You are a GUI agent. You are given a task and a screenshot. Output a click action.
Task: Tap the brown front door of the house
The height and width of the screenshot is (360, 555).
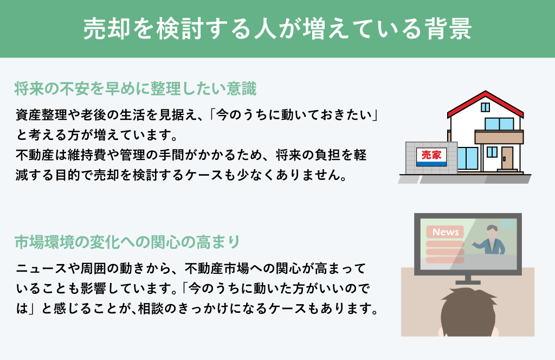[x=507, y=158]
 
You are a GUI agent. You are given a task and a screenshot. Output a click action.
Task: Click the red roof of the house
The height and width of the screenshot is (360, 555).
[x=485, y=104]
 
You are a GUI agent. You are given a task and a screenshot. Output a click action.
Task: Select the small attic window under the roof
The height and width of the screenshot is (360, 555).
[x=485, y=107]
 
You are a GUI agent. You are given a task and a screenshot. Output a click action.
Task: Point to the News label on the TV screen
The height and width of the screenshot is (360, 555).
[x=446, y=232]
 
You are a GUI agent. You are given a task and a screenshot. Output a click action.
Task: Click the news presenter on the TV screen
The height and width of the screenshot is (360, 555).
[x=489, y=240]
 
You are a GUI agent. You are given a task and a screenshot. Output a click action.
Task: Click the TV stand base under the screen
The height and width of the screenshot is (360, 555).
[x=468, y=282]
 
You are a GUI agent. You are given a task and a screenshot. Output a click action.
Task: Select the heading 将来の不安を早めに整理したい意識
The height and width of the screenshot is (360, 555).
[x=135, y=88]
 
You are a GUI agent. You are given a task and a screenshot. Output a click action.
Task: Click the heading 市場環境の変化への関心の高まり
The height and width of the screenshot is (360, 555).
[x=127, y=242]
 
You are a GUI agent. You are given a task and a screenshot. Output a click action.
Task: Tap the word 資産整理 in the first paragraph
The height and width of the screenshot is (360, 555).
[x=41, y=115]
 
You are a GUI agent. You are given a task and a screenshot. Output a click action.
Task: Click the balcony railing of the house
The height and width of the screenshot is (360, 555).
[x=499, y=137]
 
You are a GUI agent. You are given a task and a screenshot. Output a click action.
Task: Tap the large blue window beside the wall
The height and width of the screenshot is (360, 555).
[x=468, y=158]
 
